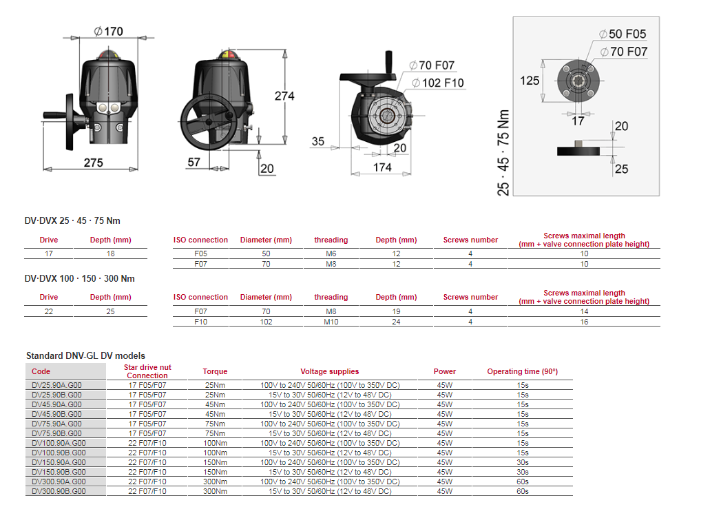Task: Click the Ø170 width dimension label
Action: pos(109,31)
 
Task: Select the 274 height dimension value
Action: pos(284,96)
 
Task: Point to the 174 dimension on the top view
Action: pos(382,167)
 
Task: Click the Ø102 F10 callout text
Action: pos(438,83)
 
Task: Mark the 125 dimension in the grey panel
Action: pos(529,81)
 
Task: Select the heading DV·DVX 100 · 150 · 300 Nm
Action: pos(80,278)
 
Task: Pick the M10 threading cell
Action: pos(331,322)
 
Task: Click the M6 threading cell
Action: pos(331,254)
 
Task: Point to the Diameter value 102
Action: pos(266,322)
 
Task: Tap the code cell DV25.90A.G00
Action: pos(58,385)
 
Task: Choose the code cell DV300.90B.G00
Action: pos(59,491)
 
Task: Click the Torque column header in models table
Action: pos(215,371)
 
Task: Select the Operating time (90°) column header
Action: pos(522,371)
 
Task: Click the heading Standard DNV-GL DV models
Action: pos(85,355)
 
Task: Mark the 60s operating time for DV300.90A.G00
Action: pos(522,482)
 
